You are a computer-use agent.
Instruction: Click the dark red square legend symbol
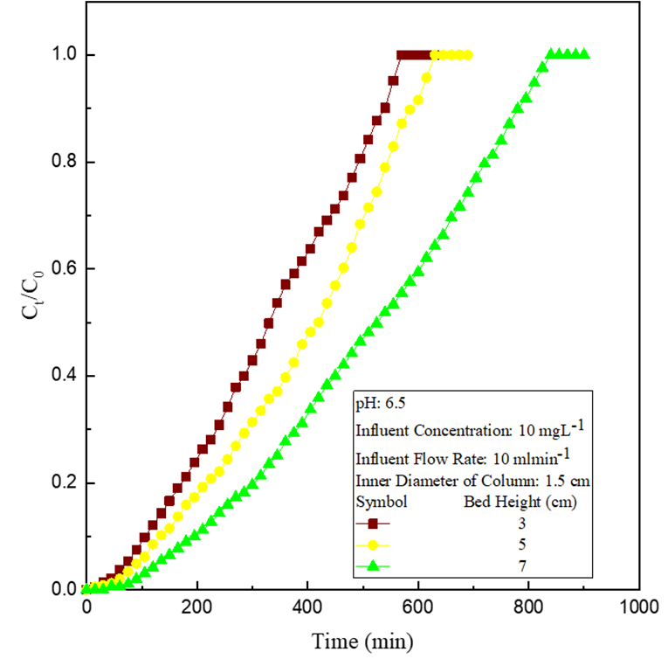374,524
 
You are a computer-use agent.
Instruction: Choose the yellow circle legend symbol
374,545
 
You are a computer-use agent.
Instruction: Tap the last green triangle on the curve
584,54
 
